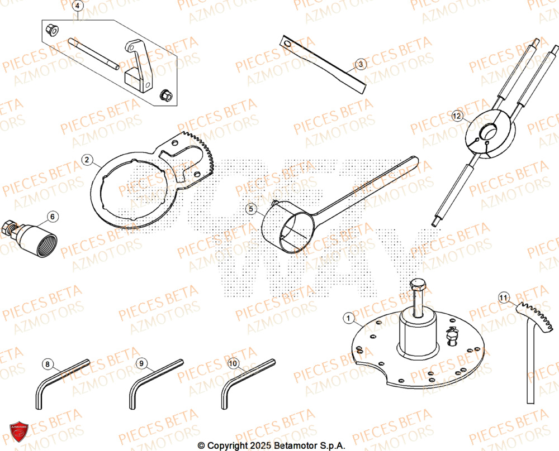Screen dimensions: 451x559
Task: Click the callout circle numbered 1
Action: [x=348, y=319]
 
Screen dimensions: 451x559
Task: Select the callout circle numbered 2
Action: [x=87, y=160]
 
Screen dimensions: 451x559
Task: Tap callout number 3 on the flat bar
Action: [x=361, y=65]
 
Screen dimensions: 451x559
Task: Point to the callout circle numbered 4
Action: [x=78, y=7]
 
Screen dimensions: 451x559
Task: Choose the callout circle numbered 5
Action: [x=251, y=209]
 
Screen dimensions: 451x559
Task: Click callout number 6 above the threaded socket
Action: [x=53, y=216]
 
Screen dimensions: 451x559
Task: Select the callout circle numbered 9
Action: [x=141, y=364]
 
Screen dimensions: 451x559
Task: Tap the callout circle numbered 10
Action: [x=234, y=363]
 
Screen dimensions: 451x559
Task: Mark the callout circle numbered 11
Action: [x=504, y=299]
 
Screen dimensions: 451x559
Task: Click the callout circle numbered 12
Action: [x=457, y=117]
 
